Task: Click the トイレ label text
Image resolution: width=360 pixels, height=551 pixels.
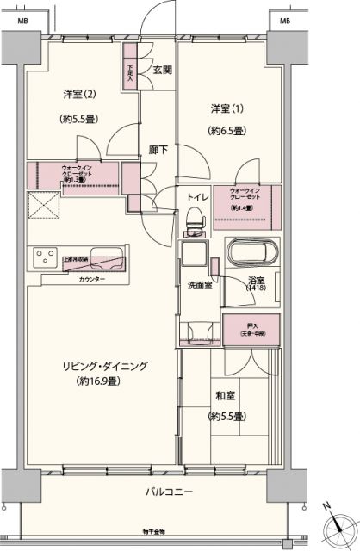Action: click(195, 197)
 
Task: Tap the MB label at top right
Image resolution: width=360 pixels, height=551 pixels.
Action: click(283, 18)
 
